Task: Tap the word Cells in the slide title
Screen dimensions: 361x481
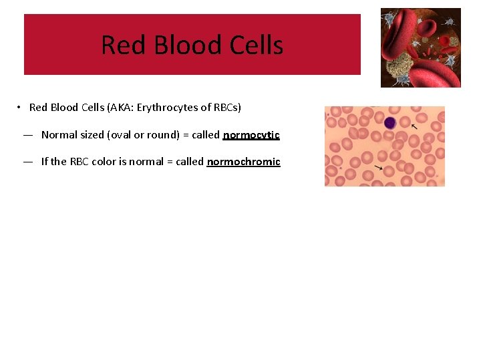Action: pos(256,45)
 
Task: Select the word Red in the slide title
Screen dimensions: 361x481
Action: pos(124,45)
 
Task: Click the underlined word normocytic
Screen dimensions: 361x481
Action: pos(251,135)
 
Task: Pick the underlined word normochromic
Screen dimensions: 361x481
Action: pos(243,162)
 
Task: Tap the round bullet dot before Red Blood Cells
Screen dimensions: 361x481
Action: pos(21,108)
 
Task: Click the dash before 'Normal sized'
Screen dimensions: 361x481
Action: pos(28,135)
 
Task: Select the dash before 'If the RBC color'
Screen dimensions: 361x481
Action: pos(28,162)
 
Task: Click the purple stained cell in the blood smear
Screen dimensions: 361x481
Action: pos(389,123)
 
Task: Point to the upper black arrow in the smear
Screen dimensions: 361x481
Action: pos(414,126)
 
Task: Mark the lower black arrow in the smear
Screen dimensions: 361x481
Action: pos(379,167)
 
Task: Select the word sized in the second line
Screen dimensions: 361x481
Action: pos(91,135)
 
